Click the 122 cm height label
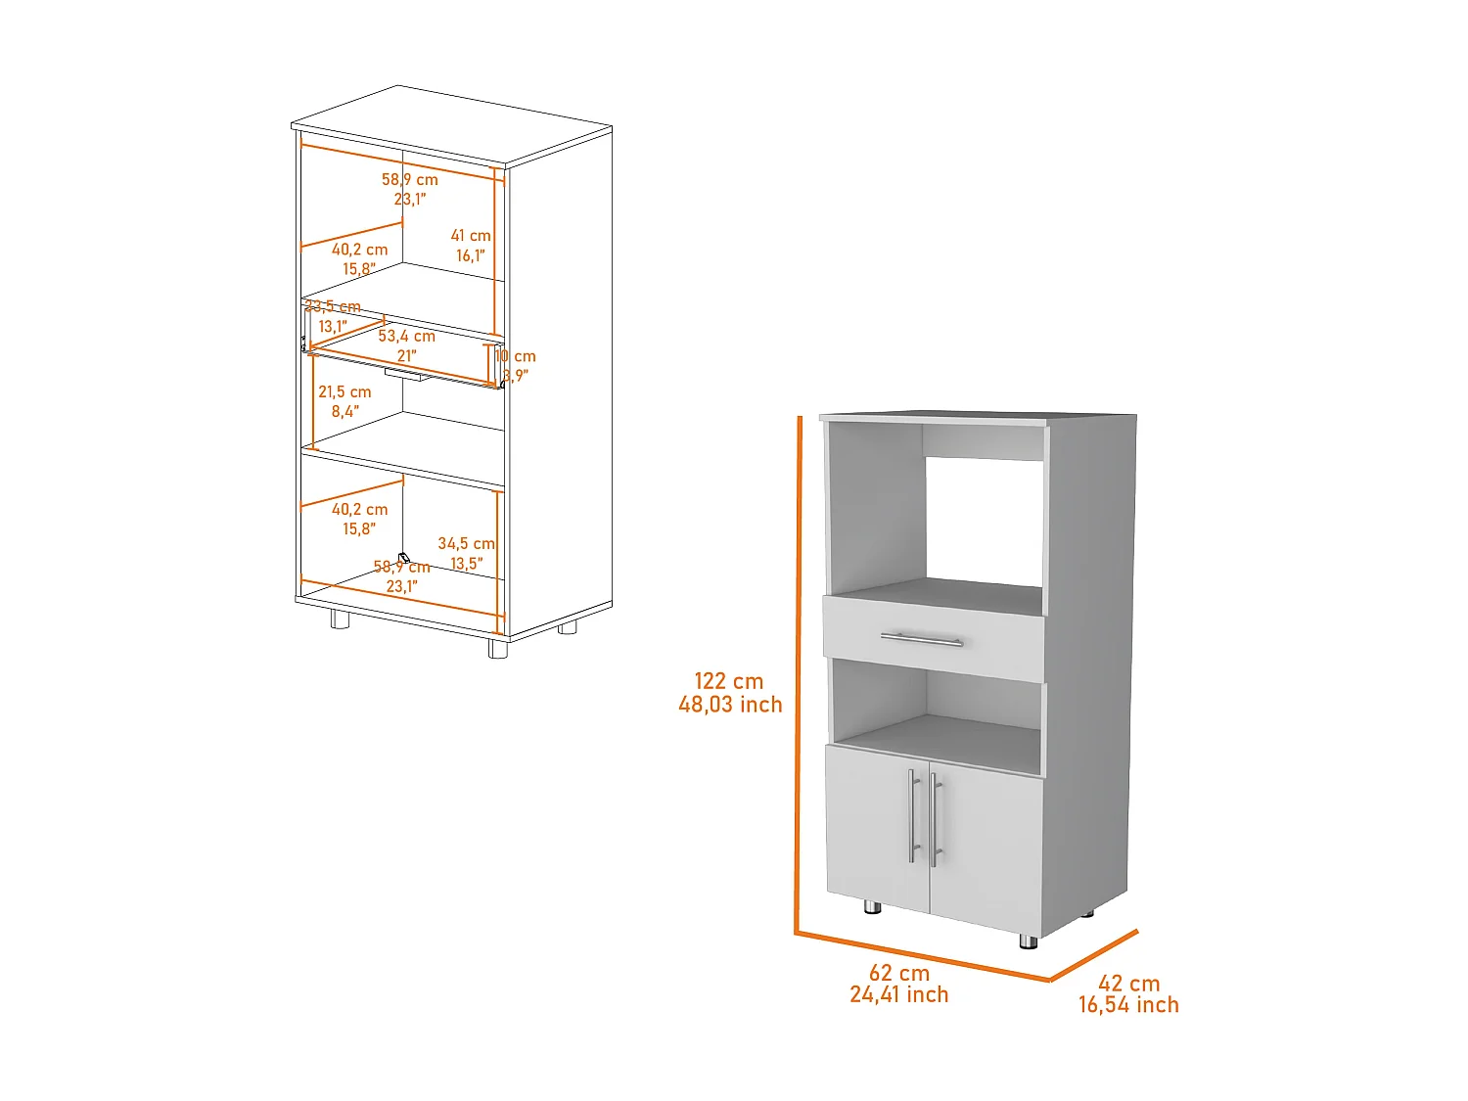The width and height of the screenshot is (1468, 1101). tap(728, 681)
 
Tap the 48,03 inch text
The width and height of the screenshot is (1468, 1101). tap(730, 705)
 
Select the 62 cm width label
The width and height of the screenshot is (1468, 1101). tap(898, 973)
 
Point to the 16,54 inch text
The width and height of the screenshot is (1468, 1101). tap(1128, 1005)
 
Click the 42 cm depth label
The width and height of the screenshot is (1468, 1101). tap(1128, 984)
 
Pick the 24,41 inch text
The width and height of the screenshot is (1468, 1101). tap(898, 995)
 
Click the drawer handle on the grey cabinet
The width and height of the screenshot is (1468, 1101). tap(921, 640)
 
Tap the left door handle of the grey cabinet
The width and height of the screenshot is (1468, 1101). tap(911, 815)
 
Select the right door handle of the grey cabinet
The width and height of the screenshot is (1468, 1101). tap(935, 819)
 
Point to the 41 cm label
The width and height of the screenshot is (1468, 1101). tap(471, 236)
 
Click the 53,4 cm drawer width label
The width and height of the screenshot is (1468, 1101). tap(407, 337)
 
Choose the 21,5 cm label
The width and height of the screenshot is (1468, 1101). tap(344, 392)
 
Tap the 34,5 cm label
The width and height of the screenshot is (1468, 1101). tap(466, 543)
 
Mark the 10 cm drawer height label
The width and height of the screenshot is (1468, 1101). tap(518, 357)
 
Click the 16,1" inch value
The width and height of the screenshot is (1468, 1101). tap(470, 256)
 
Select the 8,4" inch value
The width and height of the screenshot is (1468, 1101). tap(344, 412)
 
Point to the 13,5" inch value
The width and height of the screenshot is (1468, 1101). tap(466, 564)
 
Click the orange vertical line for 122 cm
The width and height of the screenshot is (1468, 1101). tap(799, 675)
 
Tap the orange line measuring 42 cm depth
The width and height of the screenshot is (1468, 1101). tap(1093, 954)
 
